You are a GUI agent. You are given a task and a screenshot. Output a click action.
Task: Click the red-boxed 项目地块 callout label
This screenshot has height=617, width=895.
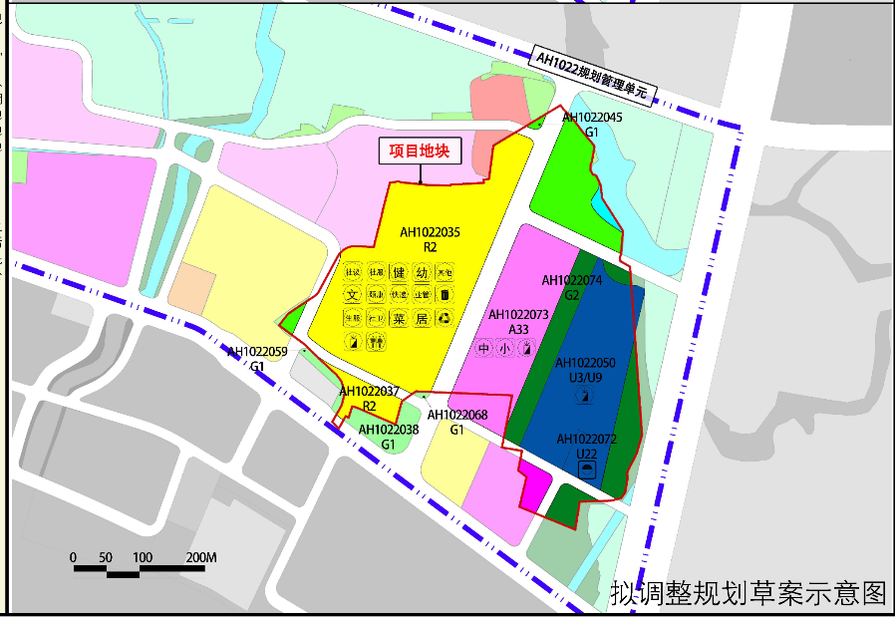[421, 152]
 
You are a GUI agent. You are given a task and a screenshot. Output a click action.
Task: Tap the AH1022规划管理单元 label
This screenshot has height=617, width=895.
[591, 76]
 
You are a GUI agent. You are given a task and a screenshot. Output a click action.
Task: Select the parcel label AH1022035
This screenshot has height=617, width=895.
[430, 232]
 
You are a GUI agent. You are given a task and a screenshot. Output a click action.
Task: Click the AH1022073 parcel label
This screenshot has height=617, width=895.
[518, 315]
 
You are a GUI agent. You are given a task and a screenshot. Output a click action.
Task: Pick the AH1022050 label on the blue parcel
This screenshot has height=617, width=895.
[585, 364]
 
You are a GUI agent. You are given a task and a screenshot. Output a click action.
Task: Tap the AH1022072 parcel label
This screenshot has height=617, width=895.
[587, 439]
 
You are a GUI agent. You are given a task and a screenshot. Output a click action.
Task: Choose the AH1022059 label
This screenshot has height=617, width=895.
[257, 352]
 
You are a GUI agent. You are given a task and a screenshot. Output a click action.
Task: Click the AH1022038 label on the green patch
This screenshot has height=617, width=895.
[388, 431]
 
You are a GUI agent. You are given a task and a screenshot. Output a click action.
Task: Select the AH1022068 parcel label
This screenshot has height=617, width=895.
[457, 416]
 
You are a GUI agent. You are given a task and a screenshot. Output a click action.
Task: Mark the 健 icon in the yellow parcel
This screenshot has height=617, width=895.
[399, 272]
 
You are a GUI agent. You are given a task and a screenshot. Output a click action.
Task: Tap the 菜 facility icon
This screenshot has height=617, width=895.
[399, 319]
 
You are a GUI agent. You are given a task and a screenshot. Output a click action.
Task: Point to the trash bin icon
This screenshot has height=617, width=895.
[445, 296]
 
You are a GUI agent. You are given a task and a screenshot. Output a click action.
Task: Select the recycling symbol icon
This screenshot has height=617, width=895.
[445, 319]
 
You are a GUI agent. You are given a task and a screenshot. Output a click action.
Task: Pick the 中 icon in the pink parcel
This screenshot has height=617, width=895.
[484, 349]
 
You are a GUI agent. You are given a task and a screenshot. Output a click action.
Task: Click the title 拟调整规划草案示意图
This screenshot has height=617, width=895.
[748, 594]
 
